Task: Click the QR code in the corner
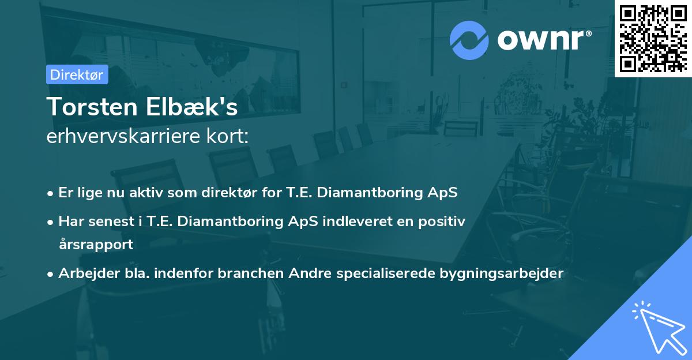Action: (x=653, y=39)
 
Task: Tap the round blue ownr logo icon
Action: (x=469, y=40)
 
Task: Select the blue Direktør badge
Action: (x=77, y=74)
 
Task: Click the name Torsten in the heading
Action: (x=92, y=107)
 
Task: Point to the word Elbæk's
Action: (x=191, y=107)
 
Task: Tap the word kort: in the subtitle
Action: (x=227, y=136)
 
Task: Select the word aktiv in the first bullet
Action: (x=146, y=192)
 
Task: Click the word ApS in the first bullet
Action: (x=442, y=193)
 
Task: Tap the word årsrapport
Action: (x=96, y=245)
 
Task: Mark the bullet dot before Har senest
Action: (x=50, y=222)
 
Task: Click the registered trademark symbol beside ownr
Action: (x=588, y=33)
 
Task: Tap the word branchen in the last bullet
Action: (x=250, y=273)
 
